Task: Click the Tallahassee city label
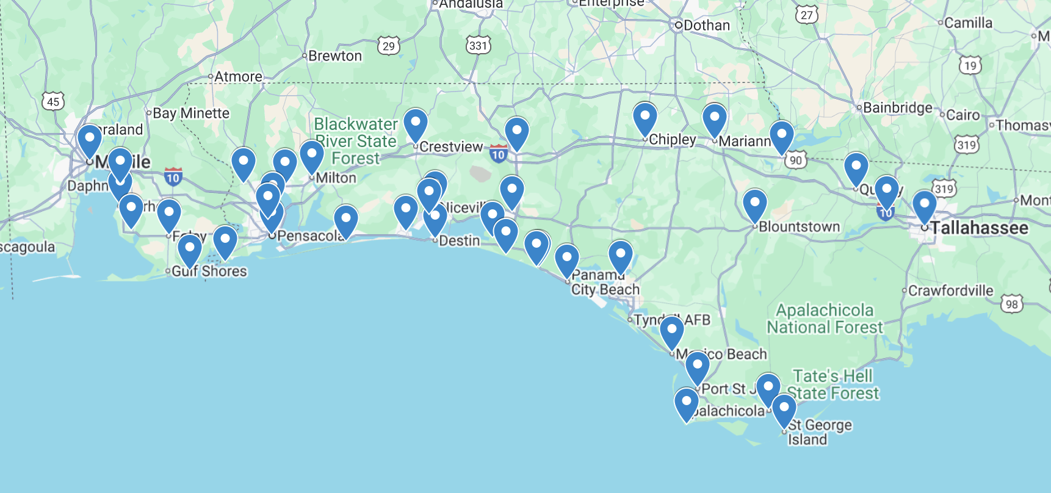[979, 228]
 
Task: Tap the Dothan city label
[706, 26]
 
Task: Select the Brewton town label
[335, 56]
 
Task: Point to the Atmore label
[238, 77]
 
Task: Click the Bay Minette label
[191, 113]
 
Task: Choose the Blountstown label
[799, 227]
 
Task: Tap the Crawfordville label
[950, 291]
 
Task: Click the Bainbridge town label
[897, 108]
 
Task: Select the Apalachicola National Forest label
[825, 318]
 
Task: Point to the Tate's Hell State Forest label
[833, 384]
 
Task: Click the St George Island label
[819, 432]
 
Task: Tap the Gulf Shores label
[209, 272]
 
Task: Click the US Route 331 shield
[479, 46]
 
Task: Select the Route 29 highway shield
[389, 46]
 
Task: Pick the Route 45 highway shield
[53, 101]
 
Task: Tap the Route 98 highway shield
[1012, 304]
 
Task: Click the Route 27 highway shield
[807, 15]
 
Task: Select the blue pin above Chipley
[645, 117]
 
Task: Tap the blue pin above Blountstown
[754, 204]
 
